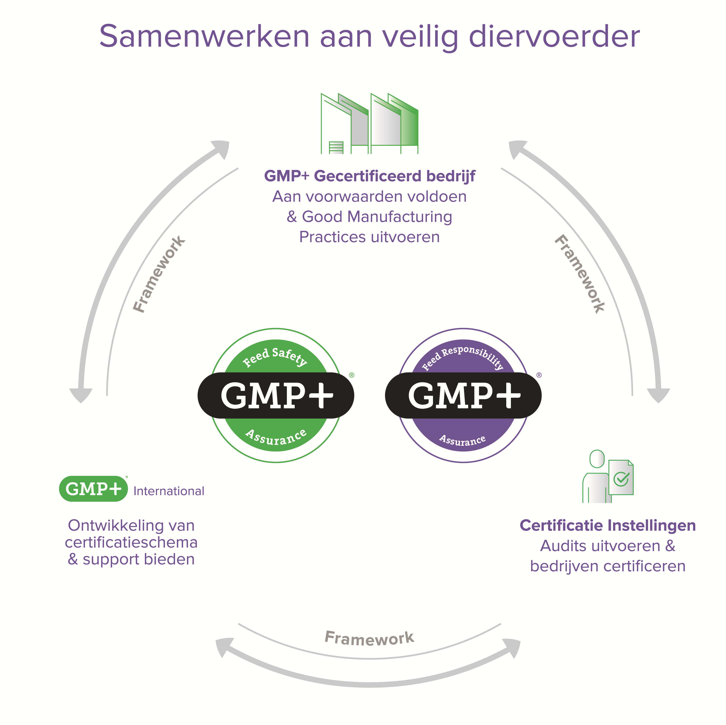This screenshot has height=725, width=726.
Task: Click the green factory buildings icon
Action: click(369, 123)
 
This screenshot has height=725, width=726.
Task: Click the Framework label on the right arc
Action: click(580, 274)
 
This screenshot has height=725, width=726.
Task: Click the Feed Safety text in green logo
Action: click(275, 357)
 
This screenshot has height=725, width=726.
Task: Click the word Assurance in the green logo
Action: click(276, 437)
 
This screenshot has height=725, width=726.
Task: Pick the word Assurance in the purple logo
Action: click(463, 440)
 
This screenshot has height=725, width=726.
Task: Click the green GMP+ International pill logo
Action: click(93, 488)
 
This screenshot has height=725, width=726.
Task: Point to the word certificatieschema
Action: click(131, 542)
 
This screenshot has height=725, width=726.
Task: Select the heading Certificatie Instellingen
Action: click(608, 525)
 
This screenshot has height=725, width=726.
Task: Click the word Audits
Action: click(562, 546)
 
